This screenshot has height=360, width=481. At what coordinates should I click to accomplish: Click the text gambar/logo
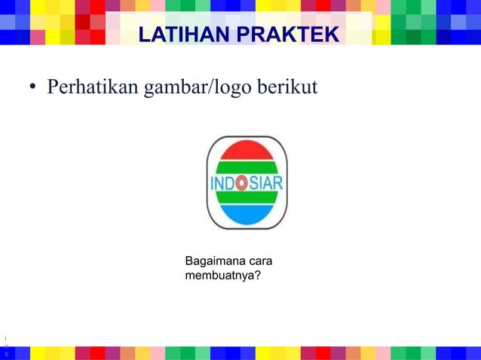[x=187, y=89]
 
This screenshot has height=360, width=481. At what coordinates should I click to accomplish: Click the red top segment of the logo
[x=247, y=151]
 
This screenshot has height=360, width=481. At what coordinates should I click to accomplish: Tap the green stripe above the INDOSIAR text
[x=247, y=166]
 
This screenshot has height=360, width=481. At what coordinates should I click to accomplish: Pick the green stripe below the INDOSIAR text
[x=247, y=200]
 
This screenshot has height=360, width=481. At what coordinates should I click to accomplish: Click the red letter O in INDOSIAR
[x=241, y=183]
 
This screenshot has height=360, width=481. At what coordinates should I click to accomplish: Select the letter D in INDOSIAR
[x=229, y=184]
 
